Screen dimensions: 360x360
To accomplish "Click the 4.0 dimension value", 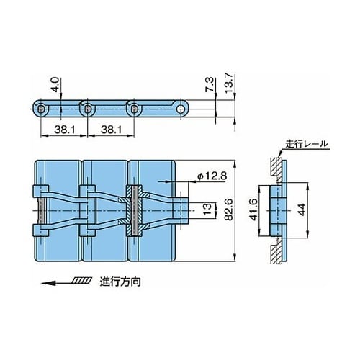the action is tap(55, 84).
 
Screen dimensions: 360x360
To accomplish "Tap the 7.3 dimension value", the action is tap(209, 84).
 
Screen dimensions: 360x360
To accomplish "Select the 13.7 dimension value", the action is tap(229, 83).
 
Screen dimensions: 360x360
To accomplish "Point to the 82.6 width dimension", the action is tap(228, 209).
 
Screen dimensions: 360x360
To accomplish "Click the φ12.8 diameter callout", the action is tap(212, 176).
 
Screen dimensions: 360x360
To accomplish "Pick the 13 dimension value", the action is tap(207, 209).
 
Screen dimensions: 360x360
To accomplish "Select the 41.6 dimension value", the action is tap(253, 210).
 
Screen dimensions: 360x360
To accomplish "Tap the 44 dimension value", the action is tap(301, 210).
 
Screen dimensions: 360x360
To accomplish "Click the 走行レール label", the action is tap(307, 144).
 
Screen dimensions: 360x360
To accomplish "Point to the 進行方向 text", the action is tap(120, 282).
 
